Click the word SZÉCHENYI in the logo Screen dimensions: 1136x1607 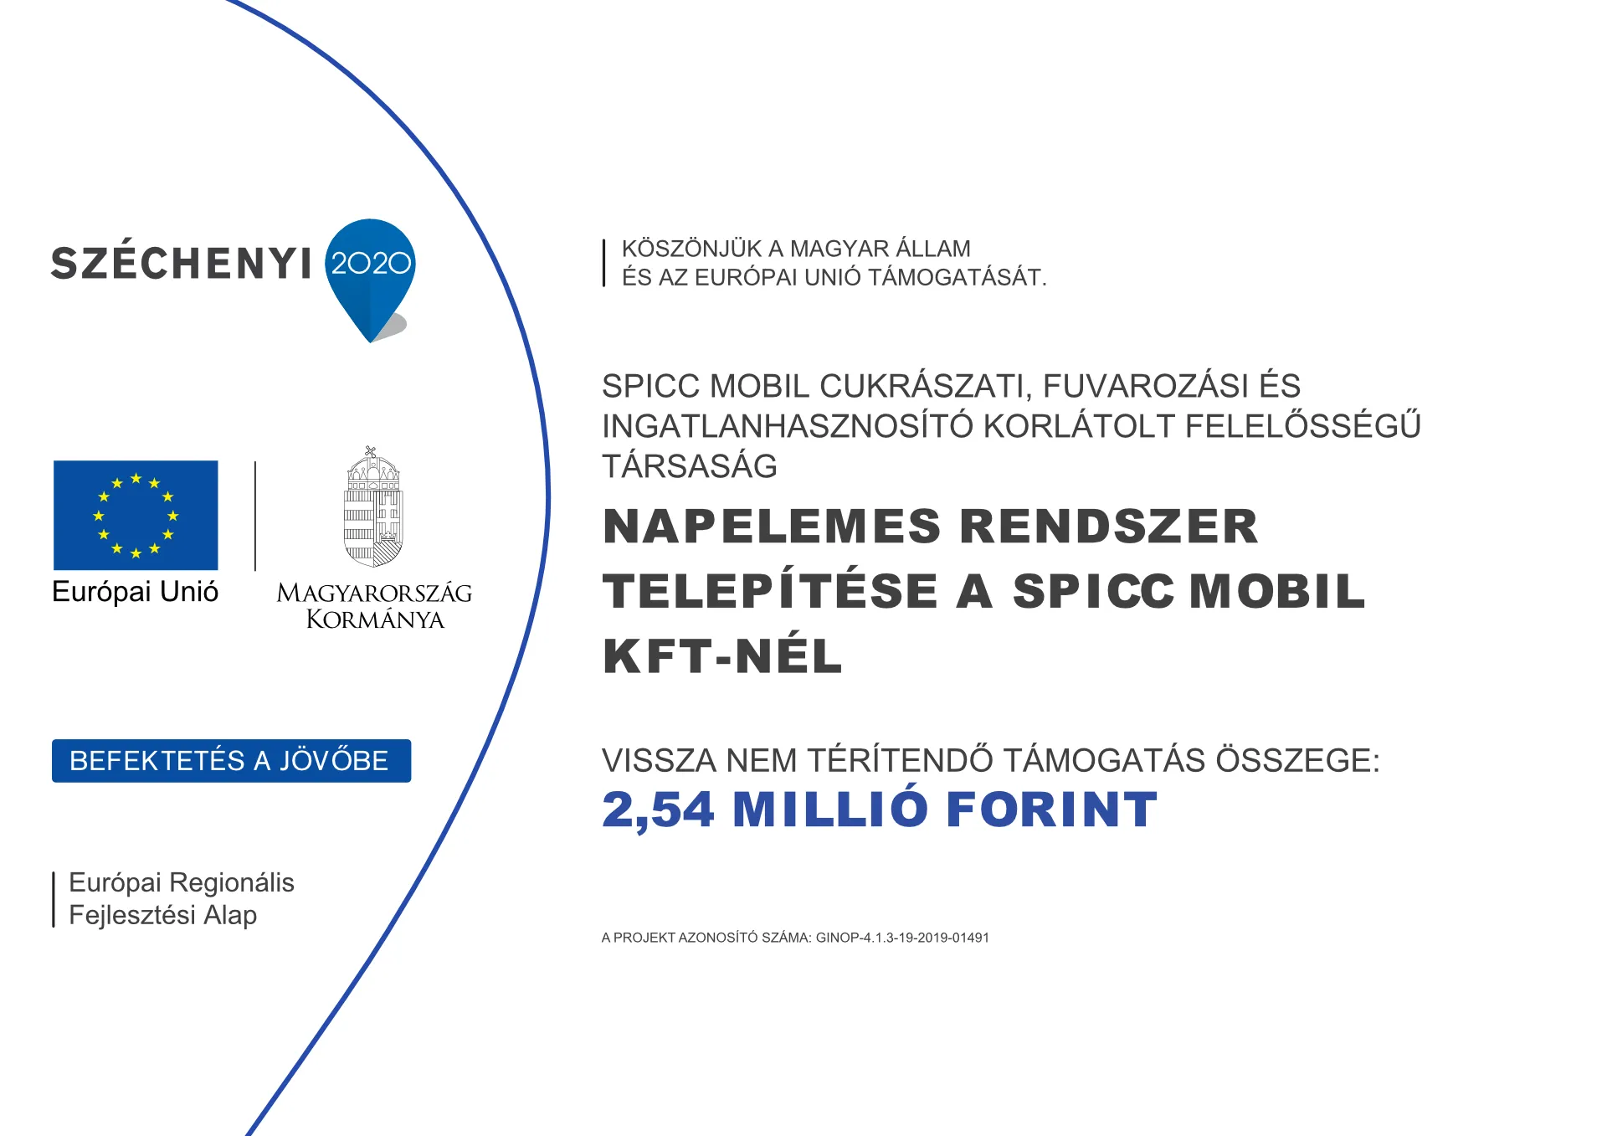(x=181, y=264)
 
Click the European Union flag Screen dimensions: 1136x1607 (x=136, y=515)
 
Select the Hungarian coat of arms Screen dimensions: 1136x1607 (x=373, y=508)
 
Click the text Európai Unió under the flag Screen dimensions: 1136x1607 (x=135, y=592)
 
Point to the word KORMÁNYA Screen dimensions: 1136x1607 (x=375, y=619)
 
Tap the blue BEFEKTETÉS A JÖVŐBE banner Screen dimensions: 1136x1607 (x=231, y=761)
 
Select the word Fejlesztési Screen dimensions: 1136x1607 (x=132, y=915)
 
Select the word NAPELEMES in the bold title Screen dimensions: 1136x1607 (x=772, y=527)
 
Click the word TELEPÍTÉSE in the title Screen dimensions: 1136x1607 (x=770, y=592)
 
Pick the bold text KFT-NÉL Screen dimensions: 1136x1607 (x=722, y=656)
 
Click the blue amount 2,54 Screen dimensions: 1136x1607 (x=658, y=810)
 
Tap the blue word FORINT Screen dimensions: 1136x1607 (x=1051, y=810)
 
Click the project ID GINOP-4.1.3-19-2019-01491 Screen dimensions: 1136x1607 (x=902, y=938)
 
